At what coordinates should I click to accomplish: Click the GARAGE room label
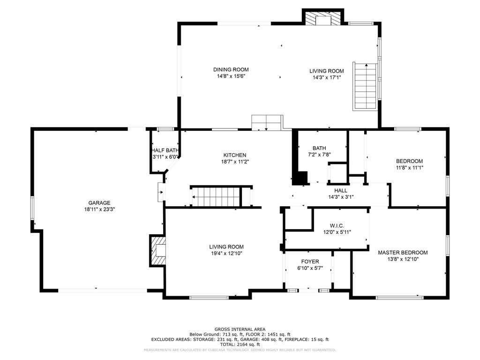click(99, 202)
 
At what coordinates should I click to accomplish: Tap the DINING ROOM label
click(231, 69)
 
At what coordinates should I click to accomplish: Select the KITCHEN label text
click(235, 155)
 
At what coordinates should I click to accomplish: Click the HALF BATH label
click(165, 150)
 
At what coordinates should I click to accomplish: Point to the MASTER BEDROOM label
click(403, 253)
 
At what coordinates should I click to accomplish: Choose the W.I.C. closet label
click(337, 225)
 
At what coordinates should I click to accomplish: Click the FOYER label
click(310, 262)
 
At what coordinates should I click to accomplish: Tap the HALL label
click(341, 190)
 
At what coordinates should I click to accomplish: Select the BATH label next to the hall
click(319, 148)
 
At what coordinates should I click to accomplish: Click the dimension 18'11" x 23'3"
click(99, 210)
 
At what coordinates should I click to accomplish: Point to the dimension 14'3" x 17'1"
click(327, 78)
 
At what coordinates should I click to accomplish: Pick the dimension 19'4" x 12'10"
click(226, 254)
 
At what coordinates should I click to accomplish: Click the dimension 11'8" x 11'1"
click(409, 168)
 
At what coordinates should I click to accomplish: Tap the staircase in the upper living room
click(365, 86)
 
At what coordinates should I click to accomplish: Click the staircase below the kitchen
click(221, 196)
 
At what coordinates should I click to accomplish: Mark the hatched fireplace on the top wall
click(323, 18)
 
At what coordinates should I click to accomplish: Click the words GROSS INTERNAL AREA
click(240, 330)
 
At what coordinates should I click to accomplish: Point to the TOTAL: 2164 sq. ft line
click(240, 345)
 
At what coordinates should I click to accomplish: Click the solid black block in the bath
click(300, 178)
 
